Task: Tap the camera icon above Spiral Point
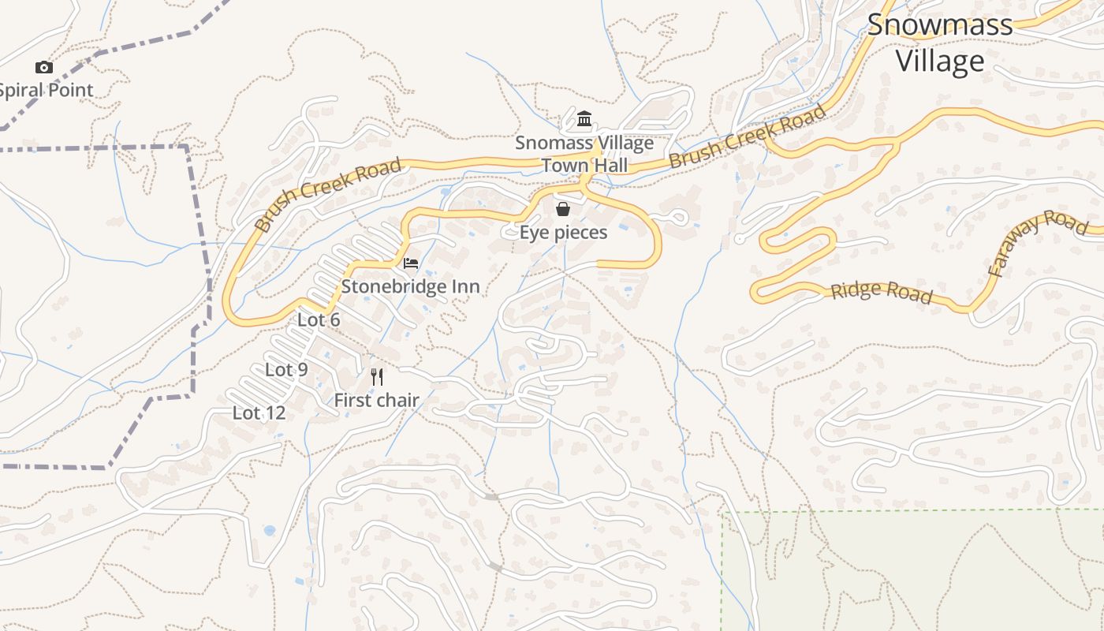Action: pyautogui.click(x=44, y=68)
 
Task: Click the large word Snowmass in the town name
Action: pyautogui.click(x=939, y=24)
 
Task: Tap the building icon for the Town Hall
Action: pyautogui.click(x=584, y=119)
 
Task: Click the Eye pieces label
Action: pyautogui.click(x=563, y=232)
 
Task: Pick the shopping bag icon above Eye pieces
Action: pyautogui.click(x=562, y=209)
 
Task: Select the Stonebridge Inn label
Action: pyautogui.click(x=410, y=286)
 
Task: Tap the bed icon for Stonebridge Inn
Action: pyautogui.click(x=411, y=263)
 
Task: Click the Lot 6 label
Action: pyautogui.click(x=319, y=319)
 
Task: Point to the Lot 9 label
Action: pyautogui.click(x=286, y=369)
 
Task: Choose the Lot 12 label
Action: pyautogui.click(x=259, y=413)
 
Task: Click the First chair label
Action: pyautogui.click(x=376, y=400)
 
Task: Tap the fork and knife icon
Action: pyautogui.click(x=377, y=376)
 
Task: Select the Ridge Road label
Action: pyautogui.click(x=881, y=292)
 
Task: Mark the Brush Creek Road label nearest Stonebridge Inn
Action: pyautogui.click(x=327, y=195)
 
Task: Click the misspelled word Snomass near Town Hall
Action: pyautogui.click(x=550, y=143)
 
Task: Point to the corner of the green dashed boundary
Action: pyautogui.click(x=723, y=513)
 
